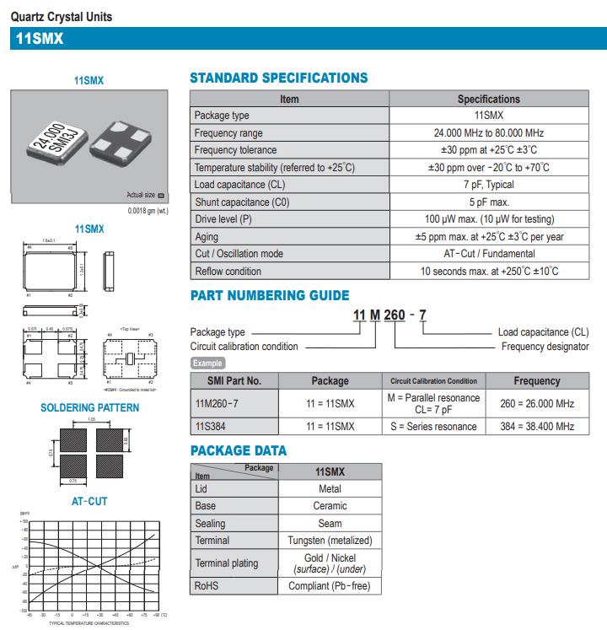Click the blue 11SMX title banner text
pos(40,39)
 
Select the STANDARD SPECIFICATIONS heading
pos(278,78)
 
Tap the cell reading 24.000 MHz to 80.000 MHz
pos(488,133)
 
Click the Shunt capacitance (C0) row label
pos(237,202)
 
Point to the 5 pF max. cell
pos(488,202)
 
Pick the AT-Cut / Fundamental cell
pos(488,254)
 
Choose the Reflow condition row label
pos(228,272)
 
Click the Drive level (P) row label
pos(223,219)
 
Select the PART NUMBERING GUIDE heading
pos(269,296)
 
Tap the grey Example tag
pos(207,363)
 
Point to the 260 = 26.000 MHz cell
pos(537,403)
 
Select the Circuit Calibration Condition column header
pos(433,381)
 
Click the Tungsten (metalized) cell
pos(330,540)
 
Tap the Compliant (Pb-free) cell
pos(330,586)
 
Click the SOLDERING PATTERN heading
pos(90,408)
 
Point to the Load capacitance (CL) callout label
pos(544,332)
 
